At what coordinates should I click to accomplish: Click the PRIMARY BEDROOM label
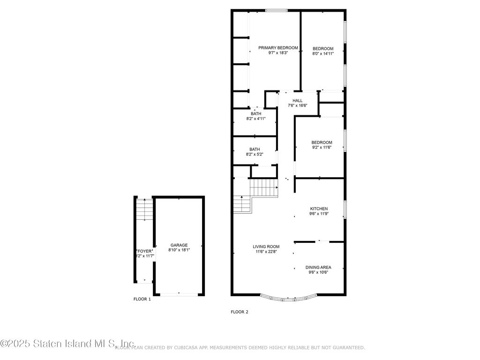(x=278, y=48)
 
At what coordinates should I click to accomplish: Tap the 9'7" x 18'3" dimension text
(x=278, y=53)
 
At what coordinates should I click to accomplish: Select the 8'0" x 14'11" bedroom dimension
(x=323, y=53)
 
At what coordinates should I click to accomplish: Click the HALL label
(x=298, y=100)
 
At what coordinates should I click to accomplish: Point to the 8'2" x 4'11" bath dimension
(x=256, y=119)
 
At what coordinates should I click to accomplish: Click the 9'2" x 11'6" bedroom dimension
(x=322, y=148)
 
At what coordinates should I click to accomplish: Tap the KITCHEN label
(x=319, y=209)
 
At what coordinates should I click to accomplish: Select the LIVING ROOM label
(x=266, y=247)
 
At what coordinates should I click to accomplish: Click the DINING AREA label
(x=319, y=267)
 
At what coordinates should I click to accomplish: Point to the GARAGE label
(x=179, y=245)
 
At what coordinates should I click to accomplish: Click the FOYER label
(x=144, y=251)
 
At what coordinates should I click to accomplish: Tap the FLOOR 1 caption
(x=142, y=299)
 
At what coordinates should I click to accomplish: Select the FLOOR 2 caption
(x=240, y=312)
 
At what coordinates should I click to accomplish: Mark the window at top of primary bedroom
(x=277, y=10)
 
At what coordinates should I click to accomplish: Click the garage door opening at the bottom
(x=179, y=294)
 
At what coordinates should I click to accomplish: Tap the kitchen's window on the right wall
(x=345, y=209)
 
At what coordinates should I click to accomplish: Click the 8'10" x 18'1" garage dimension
(x=179, y=250)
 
